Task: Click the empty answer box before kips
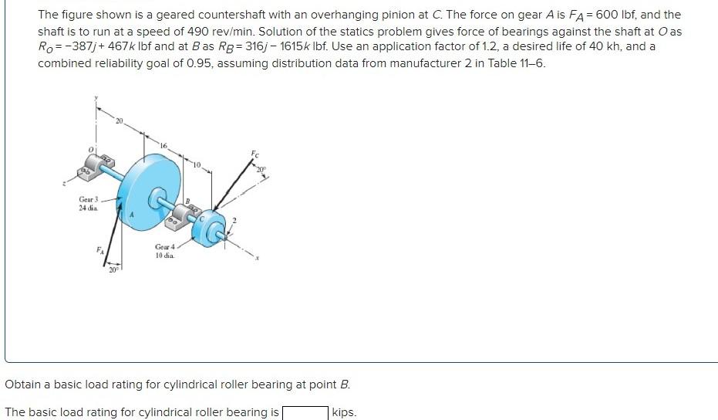[x=305, y=412]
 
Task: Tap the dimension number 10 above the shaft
[x=197, y=164]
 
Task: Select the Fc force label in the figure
[x=256, y=154]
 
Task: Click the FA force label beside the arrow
[x=99, y=249]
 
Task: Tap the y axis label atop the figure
[x=96, y=98]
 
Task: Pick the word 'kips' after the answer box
[x=344, y=412]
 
